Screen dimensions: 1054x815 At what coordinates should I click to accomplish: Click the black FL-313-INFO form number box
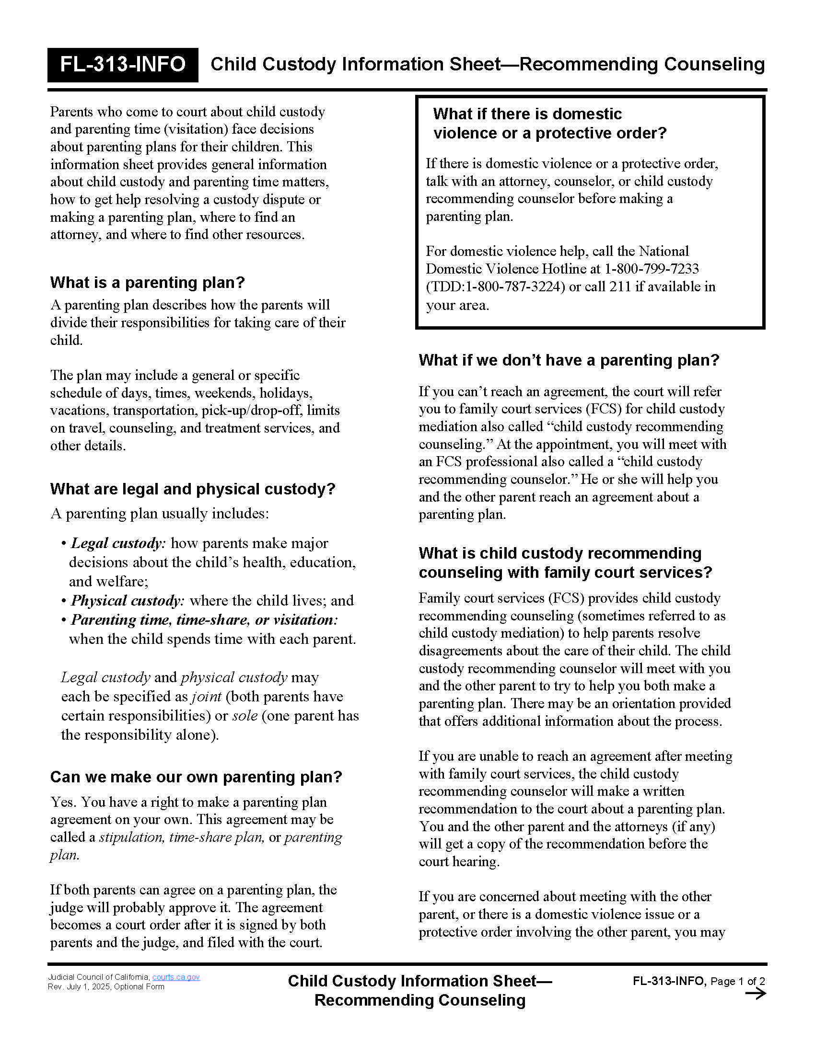tap(123, 65)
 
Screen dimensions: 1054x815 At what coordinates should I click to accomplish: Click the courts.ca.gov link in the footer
tap(176, 977)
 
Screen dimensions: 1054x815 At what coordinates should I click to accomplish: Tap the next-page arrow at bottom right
tap(755, 993)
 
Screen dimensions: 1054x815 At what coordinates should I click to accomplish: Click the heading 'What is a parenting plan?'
tap(147, 282)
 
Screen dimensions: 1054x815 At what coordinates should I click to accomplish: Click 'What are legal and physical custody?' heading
tap(193, 489)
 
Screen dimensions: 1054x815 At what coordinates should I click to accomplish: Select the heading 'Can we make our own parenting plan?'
tap(196, 777)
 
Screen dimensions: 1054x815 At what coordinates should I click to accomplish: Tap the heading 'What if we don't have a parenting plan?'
tap(569, 360)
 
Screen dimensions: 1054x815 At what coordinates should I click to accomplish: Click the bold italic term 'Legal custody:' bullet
tap(118, 543)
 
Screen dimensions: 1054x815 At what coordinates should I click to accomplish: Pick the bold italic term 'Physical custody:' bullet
tap(128, 601)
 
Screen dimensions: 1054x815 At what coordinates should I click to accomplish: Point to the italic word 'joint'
tap(206, 697)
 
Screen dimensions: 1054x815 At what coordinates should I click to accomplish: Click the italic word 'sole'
tap(245, 716)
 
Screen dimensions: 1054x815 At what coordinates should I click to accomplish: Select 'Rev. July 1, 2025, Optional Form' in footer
tap(106, 986)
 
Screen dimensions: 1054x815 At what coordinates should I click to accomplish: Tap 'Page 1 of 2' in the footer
tap(737, 981)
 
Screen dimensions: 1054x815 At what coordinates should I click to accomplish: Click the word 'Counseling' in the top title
tap(714, 64)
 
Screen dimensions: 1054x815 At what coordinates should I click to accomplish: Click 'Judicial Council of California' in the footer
tap(98, 977)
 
